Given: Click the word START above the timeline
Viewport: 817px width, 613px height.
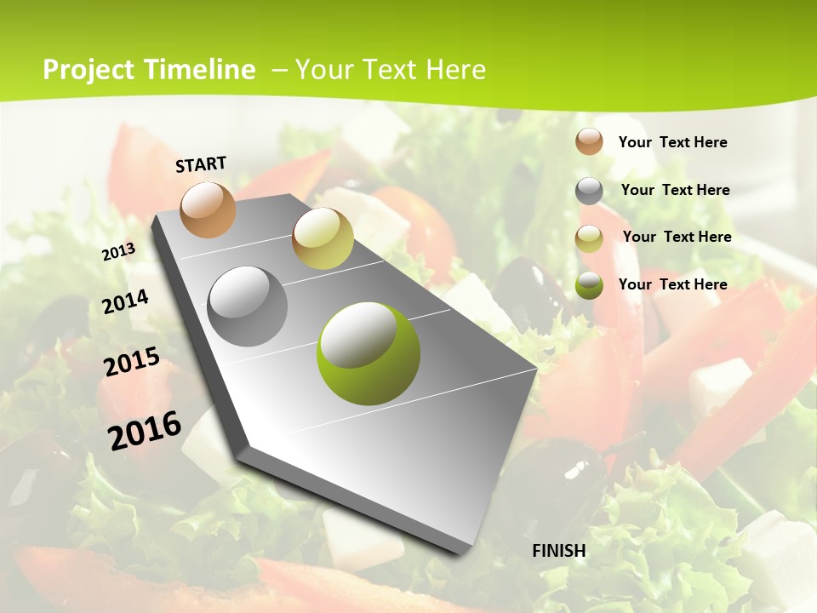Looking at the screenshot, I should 201,163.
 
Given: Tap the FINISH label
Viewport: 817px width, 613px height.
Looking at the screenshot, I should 559,550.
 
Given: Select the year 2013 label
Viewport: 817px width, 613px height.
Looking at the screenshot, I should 118,252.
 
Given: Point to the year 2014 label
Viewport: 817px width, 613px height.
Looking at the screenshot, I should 125,301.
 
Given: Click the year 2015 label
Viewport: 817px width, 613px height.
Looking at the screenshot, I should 131,362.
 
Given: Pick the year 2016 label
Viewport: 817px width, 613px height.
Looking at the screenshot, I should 145,430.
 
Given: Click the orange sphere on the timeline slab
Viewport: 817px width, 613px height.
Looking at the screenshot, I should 208,209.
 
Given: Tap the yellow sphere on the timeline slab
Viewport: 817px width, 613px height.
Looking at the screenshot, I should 323,238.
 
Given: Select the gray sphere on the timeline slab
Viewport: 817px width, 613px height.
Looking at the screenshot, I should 248,306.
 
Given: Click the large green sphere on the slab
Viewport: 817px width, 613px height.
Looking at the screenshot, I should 369,353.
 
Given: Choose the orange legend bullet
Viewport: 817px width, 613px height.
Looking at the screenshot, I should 589,141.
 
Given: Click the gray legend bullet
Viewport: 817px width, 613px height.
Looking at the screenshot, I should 589,191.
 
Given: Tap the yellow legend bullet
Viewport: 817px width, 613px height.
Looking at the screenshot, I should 589,238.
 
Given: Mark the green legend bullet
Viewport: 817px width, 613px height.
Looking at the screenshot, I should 589,285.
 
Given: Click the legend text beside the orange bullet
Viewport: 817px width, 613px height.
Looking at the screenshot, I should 672,142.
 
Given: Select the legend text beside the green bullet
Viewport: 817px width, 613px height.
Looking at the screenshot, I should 672,284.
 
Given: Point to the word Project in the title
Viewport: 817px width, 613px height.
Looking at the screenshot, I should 88,70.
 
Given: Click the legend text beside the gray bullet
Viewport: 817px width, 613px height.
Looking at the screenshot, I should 675,190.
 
